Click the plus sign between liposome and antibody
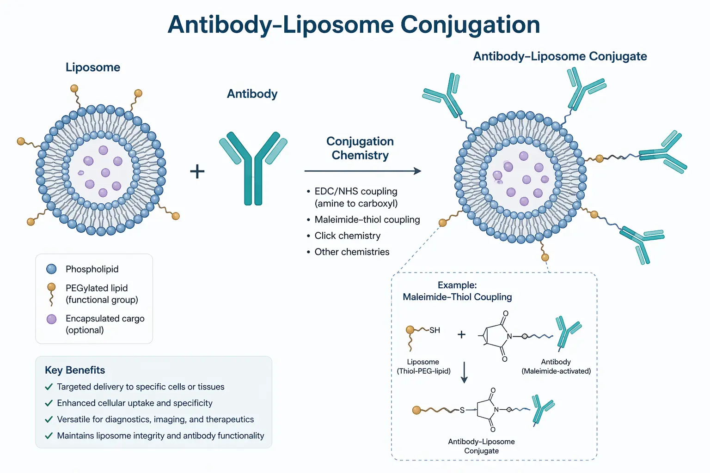197,171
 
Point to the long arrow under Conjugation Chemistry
362,171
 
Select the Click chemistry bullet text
347,236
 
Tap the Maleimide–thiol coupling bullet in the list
367,219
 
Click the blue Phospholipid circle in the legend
51,269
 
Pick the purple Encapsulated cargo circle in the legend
51,319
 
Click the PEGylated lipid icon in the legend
51,294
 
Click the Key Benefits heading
75,370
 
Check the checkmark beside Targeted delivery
49,387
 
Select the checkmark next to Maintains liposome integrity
49,436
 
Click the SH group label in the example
435,330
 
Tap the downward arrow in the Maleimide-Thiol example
465,372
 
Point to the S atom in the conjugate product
462,410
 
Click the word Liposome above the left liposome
93,67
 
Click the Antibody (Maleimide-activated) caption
556,366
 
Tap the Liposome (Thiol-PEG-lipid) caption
423,366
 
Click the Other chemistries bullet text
352,252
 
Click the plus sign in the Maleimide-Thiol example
461,334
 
